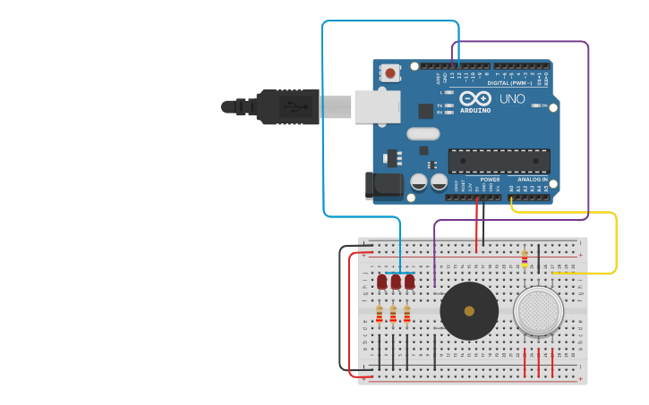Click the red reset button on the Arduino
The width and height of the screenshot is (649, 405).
coord(390,72)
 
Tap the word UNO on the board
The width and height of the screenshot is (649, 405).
coord(512,98)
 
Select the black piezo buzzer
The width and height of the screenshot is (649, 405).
coord(469,310)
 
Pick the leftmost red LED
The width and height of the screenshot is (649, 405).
coord(382,282)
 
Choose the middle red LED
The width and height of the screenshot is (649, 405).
coord(396,282)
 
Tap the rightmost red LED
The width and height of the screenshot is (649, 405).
coord(409,282)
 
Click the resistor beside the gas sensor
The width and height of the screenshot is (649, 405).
coord(525,259)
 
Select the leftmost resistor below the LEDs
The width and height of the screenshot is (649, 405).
coord(380,314)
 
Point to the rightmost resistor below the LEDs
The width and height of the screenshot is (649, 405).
coord(407,314)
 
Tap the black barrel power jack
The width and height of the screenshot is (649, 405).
coord(382,185)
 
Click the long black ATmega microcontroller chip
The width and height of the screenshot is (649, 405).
coord(499,161)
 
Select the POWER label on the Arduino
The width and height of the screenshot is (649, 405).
coord(490,180)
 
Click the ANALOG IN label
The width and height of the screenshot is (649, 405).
coord(532,180)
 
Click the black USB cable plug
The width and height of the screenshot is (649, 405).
coord(286,106)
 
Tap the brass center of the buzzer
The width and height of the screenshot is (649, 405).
coord(469,310)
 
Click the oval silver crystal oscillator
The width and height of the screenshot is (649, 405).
coord(423,133)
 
